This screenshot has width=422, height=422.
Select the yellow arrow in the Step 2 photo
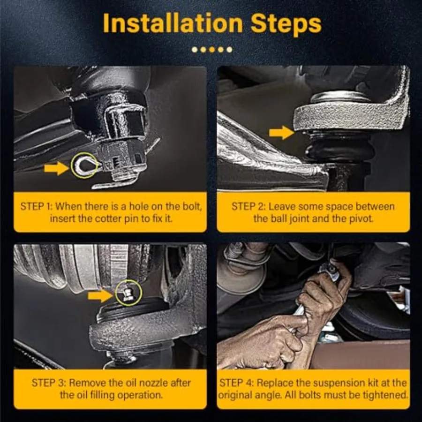281,133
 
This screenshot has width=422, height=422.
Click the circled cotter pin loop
85,166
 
